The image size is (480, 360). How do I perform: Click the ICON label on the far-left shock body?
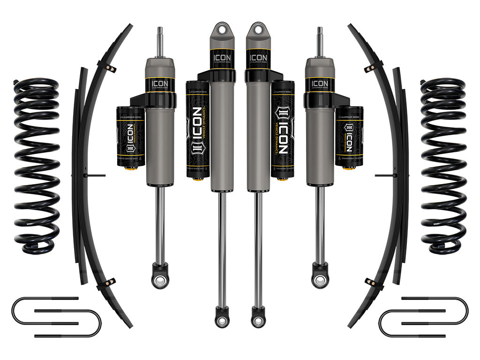160,85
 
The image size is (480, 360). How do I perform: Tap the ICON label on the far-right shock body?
320,85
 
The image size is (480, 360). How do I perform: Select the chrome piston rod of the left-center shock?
222,248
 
